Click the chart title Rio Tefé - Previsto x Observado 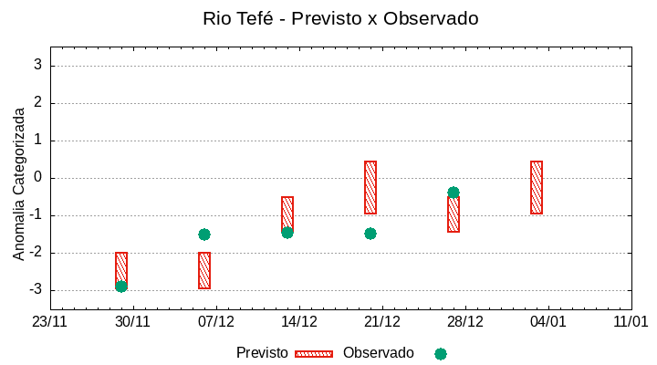pos(339,18)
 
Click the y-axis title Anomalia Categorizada pos(19,183)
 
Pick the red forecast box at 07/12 pos(204,270)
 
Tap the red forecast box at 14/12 pos(287,214)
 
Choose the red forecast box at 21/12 pos(370,187)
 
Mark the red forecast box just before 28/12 pos(454,214)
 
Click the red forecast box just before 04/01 pos(537,187)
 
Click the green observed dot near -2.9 pos(121,287)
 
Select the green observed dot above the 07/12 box pos(204,235)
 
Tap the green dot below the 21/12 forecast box pos(370,234)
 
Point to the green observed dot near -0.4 pos(454,193)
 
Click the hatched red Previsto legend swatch pos(314,353)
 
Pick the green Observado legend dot pos(441,353)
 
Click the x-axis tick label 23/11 pos(50,322)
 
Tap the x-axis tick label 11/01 pos(631,322)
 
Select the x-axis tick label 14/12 pos(299,322)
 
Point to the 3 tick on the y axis pos(38,66)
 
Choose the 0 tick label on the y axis pos(38,178)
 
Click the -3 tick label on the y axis pos(36,290)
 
